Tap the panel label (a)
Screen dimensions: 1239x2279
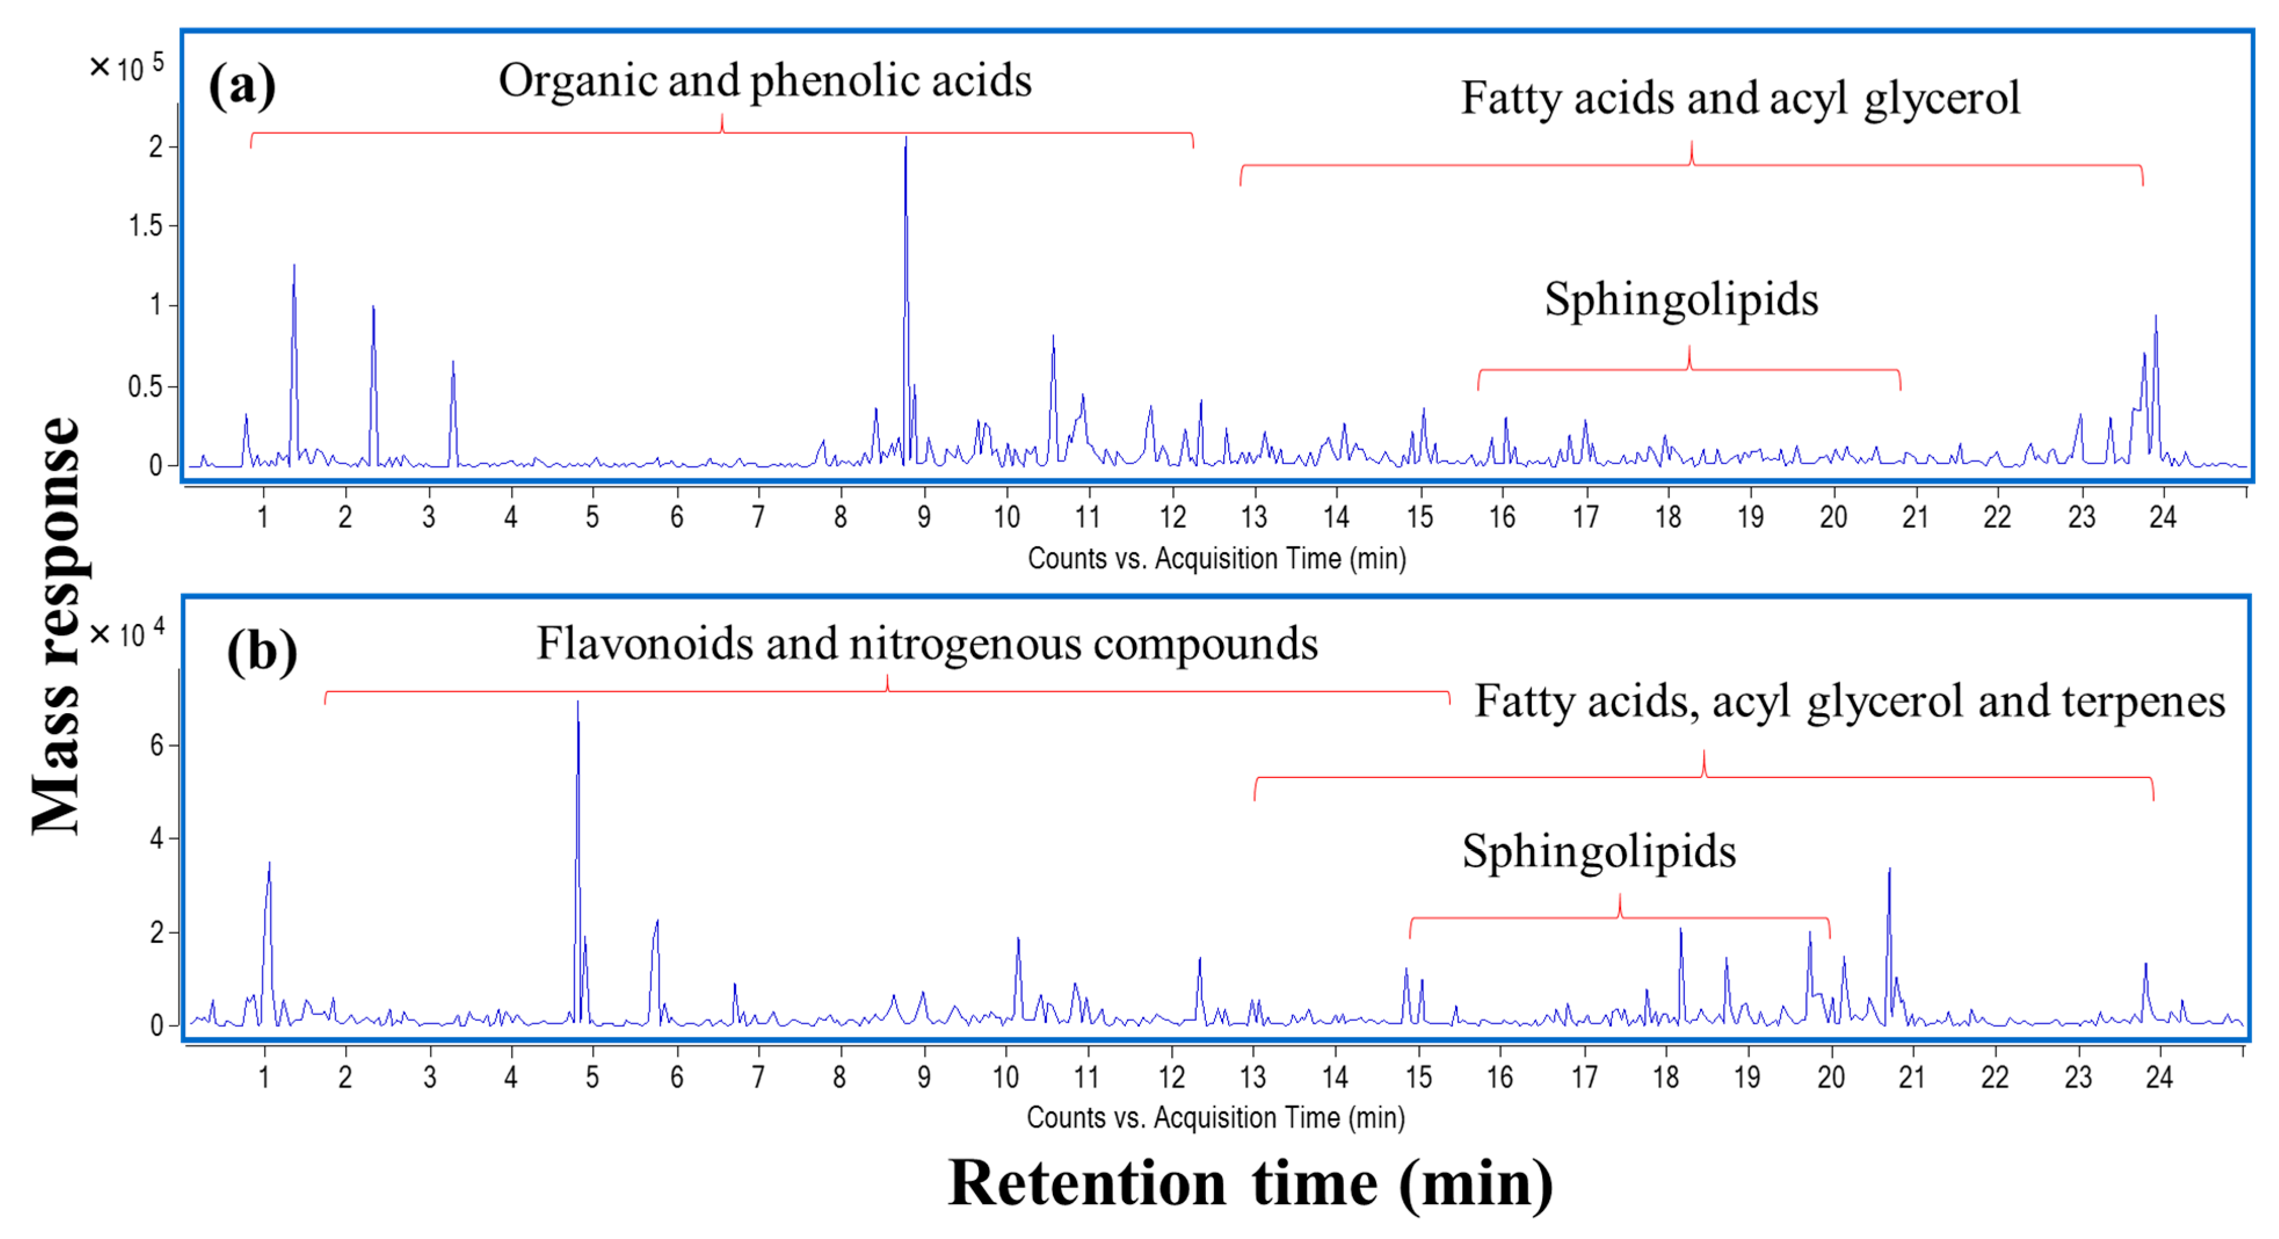pyautogui.click(x=242, y=86)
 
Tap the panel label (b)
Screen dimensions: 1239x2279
pyautogui.click(x=262, y=652)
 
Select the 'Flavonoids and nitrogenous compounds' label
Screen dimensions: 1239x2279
pyautogui.click(x=926, y=644)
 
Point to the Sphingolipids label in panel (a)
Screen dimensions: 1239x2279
pyautogui.click(x=1680, y=299)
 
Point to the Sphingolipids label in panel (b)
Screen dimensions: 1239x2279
pyautogui.click(x=1598, y=851)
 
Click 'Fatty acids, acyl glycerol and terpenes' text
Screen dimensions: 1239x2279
pyautogui.click(x=1849, y=702)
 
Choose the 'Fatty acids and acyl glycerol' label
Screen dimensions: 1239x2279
pyautogui.click(x=1739, y=98)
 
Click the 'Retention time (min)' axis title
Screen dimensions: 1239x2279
pyautogui.click(x=1249, y=1183)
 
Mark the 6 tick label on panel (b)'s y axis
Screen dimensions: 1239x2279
pyautogui.click(x=157, y=745)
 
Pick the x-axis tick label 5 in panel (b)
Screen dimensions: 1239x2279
pyautogui.click(x=592, y=1077)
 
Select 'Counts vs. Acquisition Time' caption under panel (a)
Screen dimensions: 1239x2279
pyautogui.click(x=1216, y=558)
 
